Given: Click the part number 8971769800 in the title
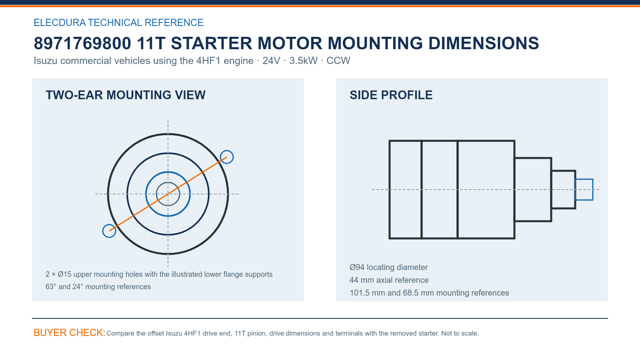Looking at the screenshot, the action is click(x=82, y=44).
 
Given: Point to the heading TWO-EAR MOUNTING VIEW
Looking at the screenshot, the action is click(x=126, y=95).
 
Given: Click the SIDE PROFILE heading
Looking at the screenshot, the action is click(x=391, y=95).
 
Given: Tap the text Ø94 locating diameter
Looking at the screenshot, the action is click(x=388, y=268).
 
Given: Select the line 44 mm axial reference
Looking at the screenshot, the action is click(x=389, y=280).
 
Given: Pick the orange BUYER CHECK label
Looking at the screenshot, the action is click(x=70, y=333).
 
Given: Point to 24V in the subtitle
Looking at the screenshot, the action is click(x=271, y=61).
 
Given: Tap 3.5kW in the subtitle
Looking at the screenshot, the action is click(x=303, y=61).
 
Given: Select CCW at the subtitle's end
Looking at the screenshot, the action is click(x=338, y=61).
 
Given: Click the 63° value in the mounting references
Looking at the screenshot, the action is click(x=50, y=286).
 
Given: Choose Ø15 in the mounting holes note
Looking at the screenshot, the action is click(x=64, y=274).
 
